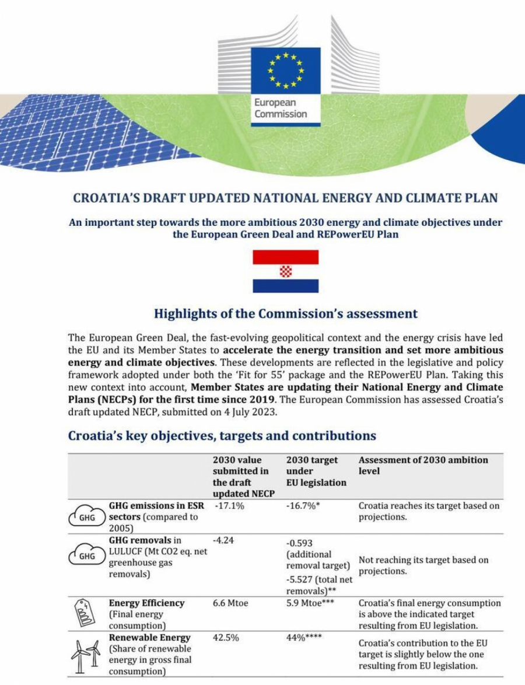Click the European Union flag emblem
pyautogui.click(x=285, y=71)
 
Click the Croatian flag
pyautogui.click(x=285, y=271)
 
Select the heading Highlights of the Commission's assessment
pyautogui.click(x=285, y=314)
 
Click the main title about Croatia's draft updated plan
pyautogui.click(x=285, y=198)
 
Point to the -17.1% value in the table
pyautogui.click(x=229, y=506)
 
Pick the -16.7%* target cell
pyautogui.click(x=303, y=506)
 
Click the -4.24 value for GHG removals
pyautogui.click(x=223, y=540)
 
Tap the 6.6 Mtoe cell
pyautogui.click(x=230, y=603)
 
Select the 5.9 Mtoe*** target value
pyautogui.click(x=310, y=603)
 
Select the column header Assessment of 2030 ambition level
pyautogui.click(x=423, y=465)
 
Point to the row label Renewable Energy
pyautogui.click(x=149, y=638)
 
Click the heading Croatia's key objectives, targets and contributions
pyautogui.click(x=222, y=436)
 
